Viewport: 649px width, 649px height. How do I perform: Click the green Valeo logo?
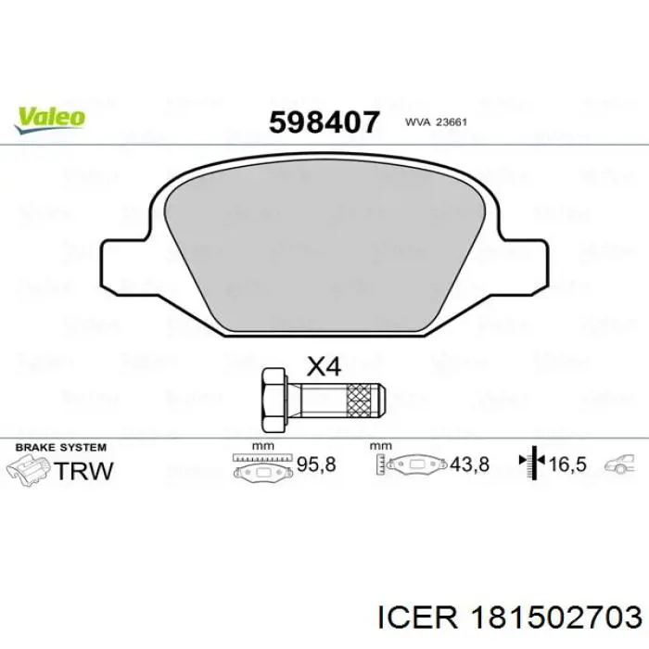click(x=50, y=120)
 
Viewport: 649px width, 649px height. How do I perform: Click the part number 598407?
click(x=324, y=122)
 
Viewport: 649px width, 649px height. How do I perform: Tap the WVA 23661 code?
click(x=436, y=122)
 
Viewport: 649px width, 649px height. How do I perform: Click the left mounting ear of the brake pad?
click(x=124, y=266)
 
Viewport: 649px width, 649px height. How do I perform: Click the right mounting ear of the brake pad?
click(x=525, y=266)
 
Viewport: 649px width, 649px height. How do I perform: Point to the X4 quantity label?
click(x=324, y=367)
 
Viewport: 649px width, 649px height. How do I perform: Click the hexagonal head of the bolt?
click(x=274, y=401)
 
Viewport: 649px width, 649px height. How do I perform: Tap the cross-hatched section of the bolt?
click(x=359, y=400)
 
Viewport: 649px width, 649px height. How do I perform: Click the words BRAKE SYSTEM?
click(x=61, y=448)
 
